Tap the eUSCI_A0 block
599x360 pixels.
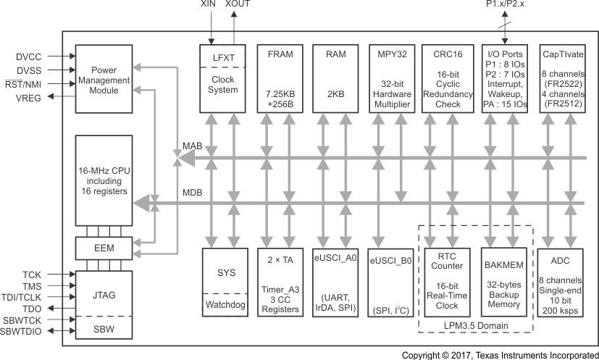(x=335, y=282)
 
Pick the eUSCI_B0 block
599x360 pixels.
(x=390, y=282)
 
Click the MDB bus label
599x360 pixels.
(x=192, y=193)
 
